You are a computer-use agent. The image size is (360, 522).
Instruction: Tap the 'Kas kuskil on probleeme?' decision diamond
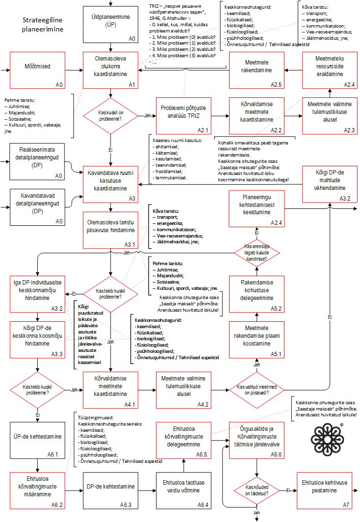111,115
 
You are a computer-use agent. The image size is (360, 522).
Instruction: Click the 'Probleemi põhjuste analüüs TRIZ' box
184,115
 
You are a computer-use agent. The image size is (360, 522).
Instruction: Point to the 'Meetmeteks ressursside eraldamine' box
329,70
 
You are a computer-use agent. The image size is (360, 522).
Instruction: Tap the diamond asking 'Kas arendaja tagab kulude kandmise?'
257,253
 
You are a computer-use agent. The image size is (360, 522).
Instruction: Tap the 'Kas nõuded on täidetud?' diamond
257,490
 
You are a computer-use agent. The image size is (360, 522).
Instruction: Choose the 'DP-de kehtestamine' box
111,490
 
